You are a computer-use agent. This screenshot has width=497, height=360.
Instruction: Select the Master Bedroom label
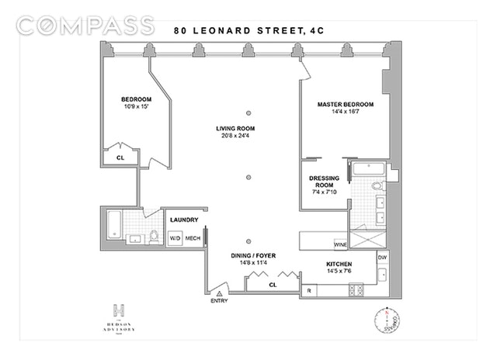[x=345, y=104]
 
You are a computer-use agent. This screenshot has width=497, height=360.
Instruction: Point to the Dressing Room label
[x=325, y=182]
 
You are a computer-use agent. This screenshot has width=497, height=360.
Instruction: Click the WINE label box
[x=340, y=244]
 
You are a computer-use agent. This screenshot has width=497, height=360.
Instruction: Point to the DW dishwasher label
[x=381, y=258]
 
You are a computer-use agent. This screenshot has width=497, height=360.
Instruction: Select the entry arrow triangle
[x=220, y=294]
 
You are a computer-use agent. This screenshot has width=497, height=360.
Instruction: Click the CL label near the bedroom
[x=120, y=157]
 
